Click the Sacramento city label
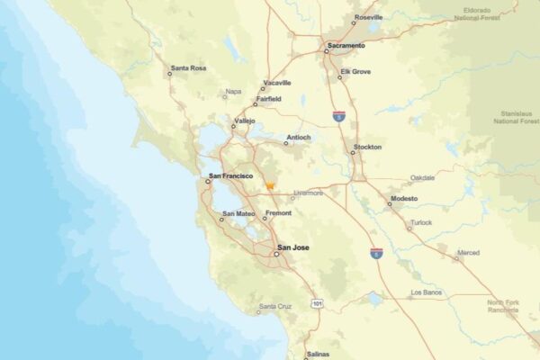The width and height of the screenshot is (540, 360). [346, 45]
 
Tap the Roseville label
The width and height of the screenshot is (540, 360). [368, 17]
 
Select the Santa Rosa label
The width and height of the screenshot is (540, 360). [189, 67]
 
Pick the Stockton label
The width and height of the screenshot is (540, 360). [367, 147]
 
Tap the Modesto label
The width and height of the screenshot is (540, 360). [404, 198]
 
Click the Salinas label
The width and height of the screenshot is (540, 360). [319, 355]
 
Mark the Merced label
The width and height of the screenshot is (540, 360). [468, 254]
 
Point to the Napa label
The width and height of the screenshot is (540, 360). [233, 91]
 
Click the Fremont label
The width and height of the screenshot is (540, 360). [279, 213]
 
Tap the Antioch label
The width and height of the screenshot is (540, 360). [298, 138]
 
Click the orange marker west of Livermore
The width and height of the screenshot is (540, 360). [269, 186]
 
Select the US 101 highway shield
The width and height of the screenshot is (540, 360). [317, 304]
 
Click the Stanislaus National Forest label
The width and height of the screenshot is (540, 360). [515, 115]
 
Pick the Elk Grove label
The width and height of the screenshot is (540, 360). [355, 71]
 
